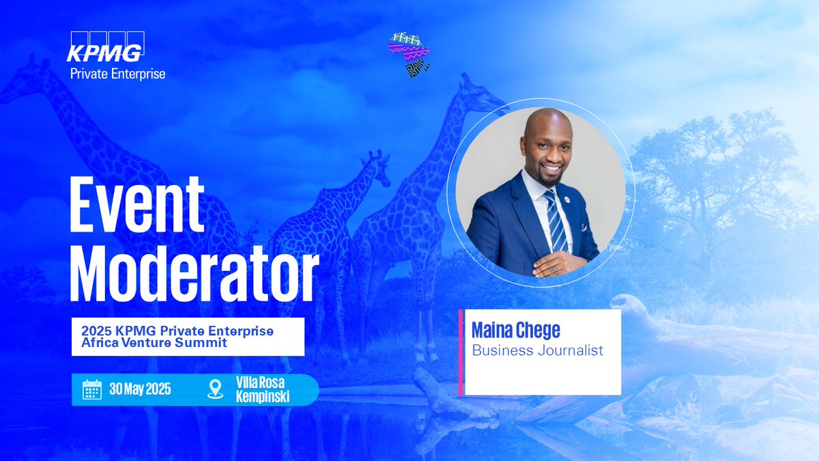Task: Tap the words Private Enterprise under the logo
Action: point(117,73)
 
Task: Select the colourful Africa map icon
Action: point(408,54)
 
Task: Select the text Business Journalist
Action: point(538,350)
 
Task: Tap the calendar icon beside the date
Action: point(92,390)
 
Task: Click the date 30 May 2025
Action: point(140,390)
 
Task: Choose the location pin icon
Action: point(215,389)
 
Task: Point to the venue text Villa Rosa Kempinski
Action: point(262,390)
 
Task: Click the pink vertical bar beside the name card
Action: point(461,352)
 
